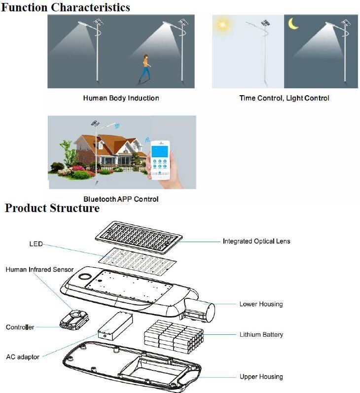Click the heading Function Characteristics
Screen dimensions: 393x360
coord(66,7)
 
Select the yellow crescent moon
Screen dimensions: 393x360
coord(294,23)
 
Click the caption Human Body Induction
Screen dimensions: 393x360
coord(121,98)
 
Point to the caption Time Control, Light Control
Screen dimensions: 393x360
coord(284,98)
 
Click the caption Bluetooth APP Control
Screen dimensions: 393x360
coord(121,199)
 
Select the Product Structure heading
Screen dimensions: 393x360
coord(52,209)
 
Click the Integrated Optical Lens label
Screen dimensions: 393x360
coord(256,241)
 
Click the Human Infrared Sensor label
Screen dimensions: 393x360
coord(39,270)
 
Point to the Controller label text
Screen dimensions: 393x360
coord(20,327)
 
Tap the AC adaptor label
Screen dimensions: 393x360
coord(23,357)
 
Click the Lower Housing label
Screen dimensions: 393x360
coord(261,304)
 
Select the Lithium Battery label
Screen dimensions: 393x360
coord(261,334)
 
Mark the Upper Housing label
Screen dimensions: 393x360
coord(261,377)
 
